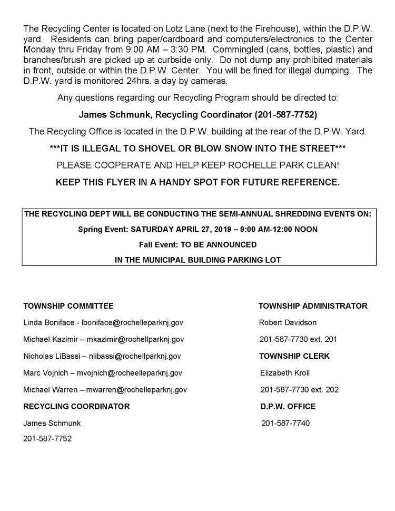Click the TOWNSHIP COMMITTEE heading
(x=68, y=306)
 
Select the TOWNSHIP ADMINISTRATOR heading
(x=313, y=306)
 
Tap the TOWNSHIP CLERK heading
(x=294, y=356)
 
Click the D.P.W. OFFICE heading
(x=288, y=406)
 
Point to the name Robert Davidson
(x=288, y=322)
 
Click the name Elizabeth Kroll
(x=285, y=372)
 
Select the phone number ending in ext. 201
(x=299, y=339)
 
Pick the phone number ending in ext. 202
(x=299, y=389)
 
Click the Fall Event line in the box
(x=198, y=244)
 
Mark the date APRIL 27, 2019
(x=197, y=229)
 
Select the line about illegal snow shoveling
(x=197, y=149)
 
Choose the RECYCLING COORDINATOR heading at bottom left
(x=76, y=406)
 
